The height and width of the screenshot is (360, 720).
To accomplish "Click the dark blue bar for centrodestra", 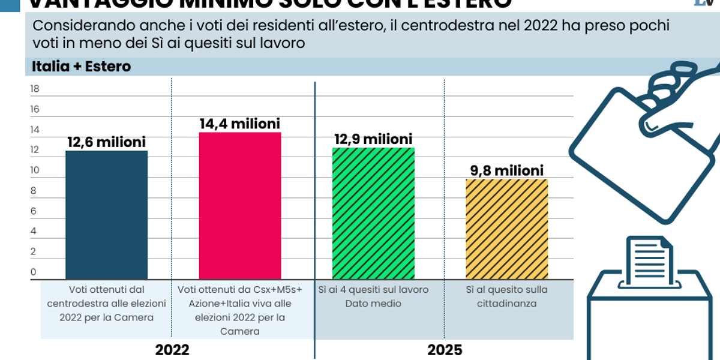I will (x=106, y=214).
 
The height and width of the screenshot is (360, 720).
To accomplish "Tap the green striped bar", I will (x=373, y=213).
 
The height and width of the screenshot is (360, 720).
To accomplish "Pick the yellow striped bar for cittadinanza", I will (x=506, y=229).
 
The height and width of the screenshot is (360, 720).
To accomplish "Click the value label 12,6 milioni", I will (x=106, y=143).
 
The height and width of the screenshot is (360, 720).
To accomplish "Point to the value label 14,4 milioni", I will (x=239, y=124).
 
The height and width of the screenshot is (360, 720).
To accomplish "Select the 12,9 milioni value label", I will (x=373, y=140).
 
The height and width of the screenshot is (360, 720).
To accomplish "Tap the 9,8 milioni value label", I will (x=506, y=171).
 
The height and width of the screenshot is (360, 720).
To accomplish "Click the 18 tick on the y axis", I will (x=34, y=89).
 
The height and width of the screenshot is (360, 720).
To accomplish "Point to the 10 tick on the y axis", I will (x=34, y=170).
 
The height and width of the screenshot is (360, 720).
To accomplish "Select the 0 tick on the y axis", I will (x=34, y=272).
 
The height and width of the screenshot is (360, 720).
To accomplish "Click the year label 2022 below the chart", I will (x=172, y=350).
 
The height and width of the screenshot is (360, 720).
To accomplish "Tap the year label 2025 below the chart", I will (x=445, y=350).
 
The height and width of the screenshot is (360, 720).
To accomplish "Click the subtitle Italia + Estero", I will (x=81, y=67).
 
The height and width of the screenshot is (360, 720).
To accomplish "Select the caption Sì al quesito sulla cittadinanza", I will (x=506, y=296).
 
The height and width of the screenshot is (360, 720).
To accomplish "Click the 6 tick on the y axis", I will (x=34, y=211).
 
